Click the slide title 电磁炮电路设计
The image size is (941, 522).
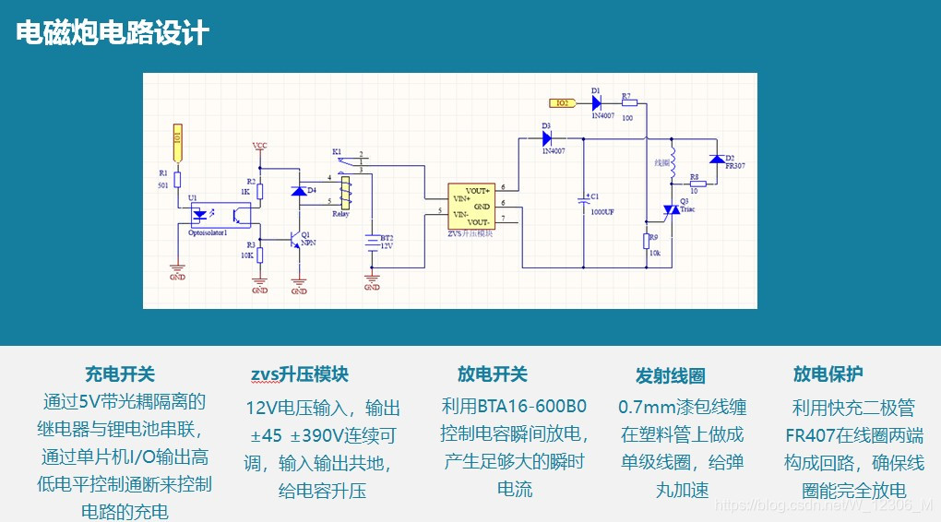pyautogui.click(x=113, y=34)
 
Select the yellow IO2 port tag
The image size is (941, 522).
pyautogui.click(x=562, y=102)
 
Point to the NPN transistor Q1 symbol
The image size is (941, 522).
pyautogui.click(x=297, y=239)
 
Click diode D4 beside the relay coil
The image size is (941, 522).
pyautogui.click(x=298, y=191)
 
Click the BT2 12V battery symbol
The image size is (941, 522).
pyautogui.click(x=372, y=242)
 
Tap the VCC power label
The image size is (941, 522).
pyautogui.click(x=260, y=147)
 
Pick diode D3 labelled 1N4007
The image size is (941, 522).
pyautogui.click(x=547, y=139)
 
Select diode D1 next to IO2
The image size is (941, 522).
pyautogui.click(x=596, y=102)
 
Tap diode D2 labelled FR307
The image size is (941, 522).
pyautogui.click(x=715, y=161)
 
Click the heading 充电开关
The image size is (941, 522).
pyautogui.click(x=120, y=374)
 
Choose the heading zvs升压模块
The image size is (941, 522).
pyautogui.click(x=299, y=374)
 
